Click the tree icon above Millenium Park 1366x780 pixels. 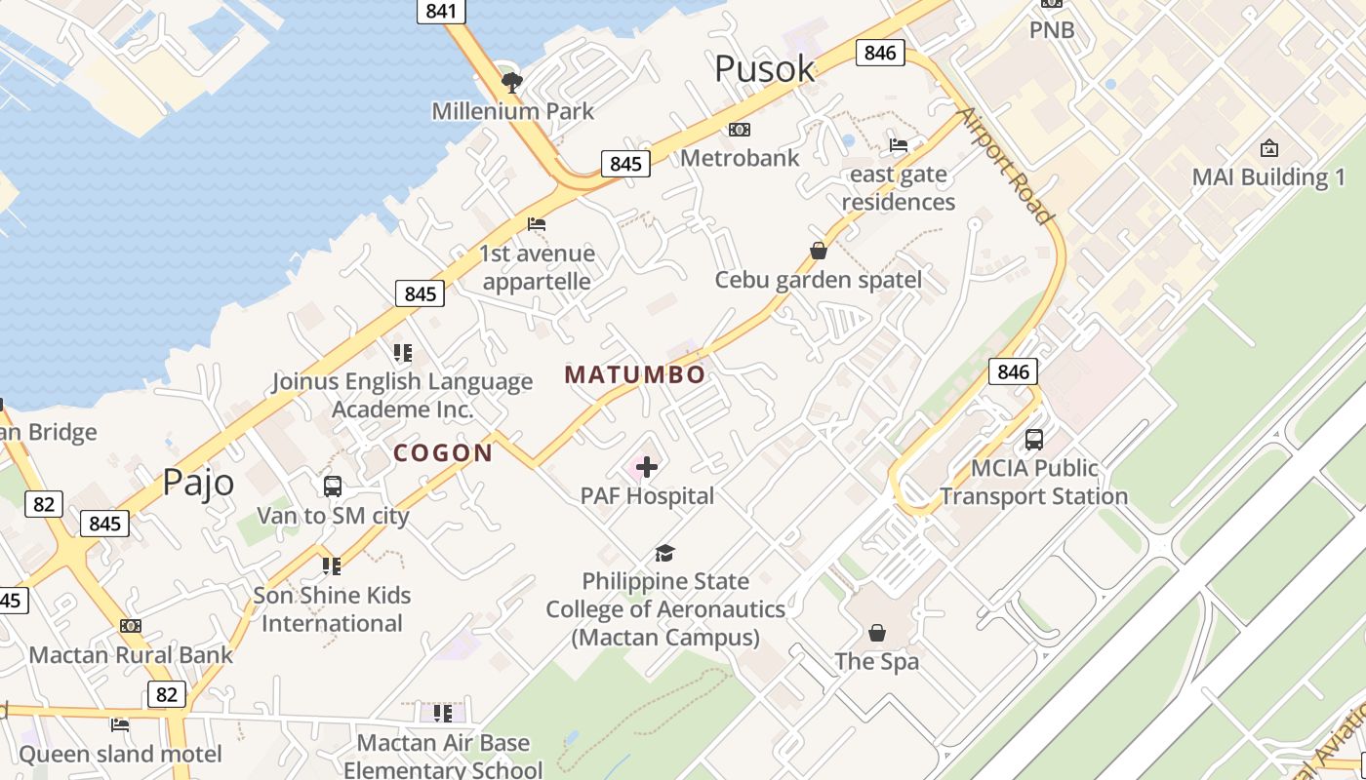[x=511, y=82]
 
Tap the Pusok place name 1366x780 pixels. [x=764, y=68]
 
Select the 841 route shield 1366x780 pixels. [x=441, y=11]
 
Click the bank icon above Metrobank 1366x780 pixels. [x=740, y=130]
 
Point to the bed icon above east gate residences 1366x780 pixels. [x=899, y=145]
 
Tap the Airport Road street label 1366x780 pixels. [x=1005, y=166]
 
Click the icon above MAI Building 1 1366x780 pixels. [x=1268, y=148]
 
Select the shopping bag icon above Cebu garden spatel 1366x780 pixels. [x=819, y=252]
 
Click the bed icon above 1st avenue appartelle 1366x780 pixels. [x=536, y=224]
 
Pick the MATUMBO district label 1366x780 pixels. [x=634, y=374]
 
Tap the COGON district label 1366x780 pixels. [x=443, y=452]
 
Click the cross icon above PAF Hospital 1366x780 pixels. [x=647, y=468]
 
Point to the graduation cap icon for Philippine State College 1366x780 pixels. [x=664, y=553]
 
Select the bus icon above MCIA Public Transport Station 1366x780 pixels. [x=1033, y=440]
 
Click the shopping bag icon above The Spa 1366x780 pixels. [x=877, y=633]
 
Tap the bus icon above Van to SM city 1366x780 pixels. [x=332, y=487]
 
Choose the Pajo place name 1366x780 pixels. [x=198, y=483]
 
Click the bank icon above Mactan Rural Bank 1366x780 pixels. [x=131, y=626]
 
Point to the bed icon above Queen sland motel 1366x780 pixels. [x=120, y=724]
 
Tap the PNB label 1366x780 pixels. [x=1052, y=30]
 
